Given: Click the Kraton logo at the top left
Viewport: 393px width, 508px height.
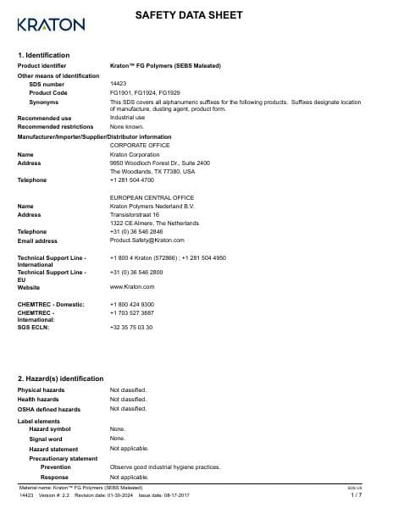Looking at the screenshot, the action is [x=51, y=23].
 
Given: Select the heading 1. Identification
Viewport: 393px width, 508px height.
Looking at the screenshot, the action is [x=43, y=55].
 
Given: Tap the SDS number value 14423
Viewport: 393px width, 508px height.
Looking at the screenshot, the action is [x=119, y=84].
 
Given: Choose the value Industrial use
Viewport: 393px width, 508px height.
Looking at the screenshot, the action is [x=128, y=118].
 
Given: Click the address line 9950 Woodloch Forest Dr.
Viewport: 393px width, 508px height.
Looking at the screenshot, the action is [x=160, y=163].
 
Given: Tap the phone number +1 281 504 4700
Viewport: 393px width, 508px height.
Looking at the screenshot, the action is [x=132, y=179].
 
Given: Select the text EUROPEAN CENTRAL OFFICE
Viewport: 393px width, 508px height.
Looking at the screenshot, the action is [x=152, y=197].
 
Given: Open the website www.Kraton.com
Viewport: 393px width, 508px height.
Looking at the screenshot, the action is [x=131, y=287].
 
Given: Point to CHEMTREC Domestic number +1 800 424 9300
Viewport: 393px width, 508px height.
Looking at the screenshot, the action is [x=132, y=304].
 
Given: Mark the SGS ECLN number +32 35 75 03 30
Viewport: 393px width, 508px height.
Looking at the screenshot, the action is [x=131, y=326].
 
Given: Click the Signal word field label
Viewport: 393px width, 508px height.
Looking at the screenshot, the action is [x=46, y=439].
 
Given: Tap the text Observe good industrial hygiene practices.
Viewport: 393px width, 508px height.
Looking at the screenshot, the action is [x=165, y=467].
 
